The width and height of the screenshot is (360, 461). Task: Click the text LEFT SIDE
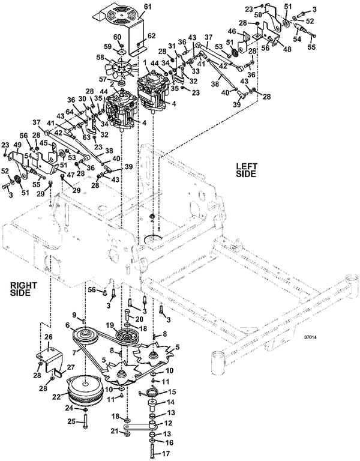[245, 170]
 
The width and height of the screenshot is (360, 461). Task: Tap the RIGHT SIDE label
[22, 289]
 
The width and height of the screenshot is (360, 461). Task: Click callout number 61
[148, 7]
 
